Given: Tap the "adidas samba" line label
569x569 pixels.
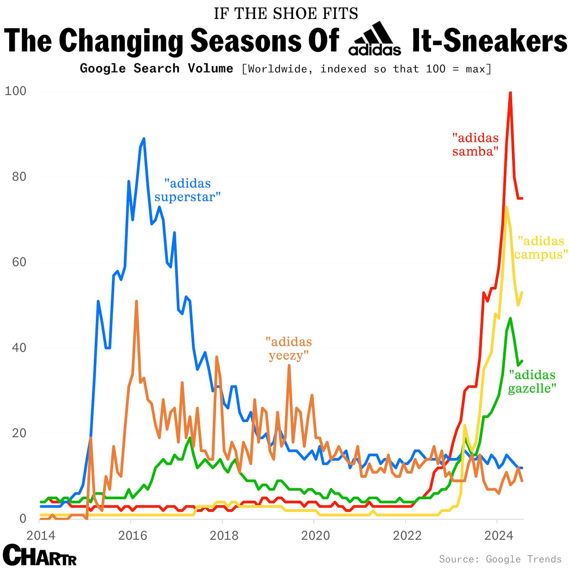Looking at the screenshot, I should tap(475, 144).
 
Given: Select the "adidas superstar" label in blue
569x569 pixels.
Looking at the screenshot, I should tap(187, 190).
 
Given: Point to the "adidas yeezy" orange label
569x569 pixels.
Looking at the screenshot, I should tap(288, 349).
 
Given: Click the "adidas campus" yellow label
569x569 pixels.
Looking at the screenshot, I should tap(541, 248).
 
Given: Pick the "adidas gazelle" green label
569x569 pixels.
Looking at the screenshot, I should tap(532, 381).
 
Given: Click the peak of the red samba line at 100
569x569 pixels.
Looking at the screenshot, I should tap(510, 92).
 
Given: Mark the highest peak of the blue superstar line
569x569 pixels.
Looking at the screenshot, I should tap(144, 139).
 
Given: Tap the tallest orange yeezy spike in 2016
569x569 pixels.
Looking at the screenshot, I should tap(136, 301).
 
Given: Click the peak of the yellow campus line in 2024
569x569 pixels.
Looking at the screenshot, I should tap(506, 207).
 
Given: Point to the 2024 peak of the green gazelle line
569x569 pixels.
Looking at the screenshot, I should tap(510, 318).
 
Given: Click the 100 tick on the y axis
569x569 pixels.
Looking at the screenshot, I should tap(16, 91).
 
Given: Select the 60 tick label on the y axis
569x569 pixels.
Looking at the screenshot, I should tap(19, 262).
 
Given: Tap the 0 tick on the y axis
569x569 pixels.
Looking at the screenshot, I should tap(23, 519).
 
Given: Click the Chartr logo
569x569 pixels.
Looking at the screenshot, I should tap(39, 555).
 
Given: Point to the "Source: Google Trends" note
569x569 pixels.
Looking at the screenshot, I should tap(500, 559).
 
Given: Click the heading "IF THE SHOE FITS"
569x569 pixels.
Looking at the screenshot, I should tap(286, 14).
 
